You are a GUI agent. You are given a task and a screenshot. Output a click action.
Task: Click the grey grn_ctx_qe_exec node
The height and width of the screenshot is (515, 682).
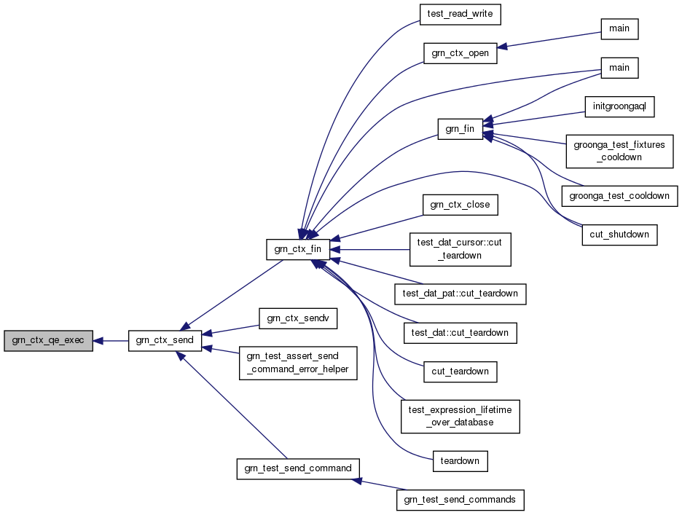tap(48, 341)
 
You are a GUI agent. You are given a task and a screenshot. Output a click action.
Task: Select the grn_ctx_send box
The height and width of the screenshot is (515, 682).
tap(165, 341)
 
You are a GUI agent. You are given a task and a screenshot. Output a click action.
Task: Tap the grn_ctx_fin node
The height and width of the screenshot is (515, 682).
tap(298, 249)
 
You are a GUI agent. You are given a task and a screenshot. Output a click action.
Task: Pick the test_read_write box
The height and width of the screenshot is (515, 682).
tap(460, 15)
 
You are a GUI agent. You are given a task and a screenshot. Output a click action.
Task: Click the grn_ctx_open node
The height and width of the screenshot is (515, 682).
tap(460, 53)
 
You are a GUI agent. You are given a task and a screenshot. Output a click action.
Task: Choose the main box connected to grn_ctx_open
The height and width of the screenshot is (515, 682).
tap(619, 29)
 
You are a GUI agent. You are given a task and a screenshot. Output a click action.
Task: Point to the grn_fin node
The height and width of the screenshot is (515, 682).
tap(460, 129)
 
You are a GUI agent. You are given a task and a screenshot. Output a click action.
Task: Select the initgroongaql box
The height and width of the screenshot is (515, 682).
tap(619, 106)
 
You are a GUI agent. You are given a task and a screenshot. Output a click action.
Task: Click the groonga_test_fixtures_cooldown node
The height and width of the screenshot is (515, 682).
tap(619, 152)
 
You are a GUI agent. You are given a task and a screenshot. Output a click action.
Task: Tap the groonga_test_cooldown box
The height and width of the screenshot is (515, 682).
tap(619, 196)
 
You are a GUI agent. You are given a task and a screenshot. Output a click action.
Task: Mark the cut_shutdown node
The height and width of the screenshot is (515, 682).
tap(619, 235)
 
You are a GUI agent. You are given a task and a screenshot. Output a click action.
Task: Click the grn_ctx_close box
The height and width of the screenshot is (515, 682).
tap(460, 205)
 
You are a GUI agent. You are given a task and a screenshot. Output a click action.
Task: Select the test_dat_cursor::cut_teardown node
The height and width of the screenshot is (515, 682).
tap(460, 249)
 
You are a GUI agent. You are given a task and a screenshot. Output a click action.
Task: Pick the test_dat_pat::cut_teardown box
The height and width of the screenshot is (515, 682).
tap(460, 294)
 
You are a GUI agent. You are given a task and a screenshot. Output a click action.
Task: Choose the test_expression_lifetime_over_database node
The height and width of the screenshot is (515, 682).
tap(460, 416)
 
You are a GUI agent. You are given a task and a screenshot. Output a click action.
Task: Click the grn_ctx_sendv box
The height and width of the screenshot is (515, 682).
tap(298, 318)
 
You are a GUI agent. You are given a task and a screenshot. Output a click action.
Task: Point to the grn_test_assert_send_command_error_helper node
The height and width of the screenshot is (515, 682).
tap(298, 363)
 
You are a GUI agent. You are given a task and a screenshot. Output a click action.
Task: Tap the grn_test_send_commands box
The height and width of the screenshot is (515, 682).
tap(460, 500)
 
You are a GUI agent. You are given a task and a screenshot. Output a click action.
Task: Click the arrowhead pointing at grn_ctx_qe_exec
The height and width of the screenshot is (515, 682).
tap(98, 341)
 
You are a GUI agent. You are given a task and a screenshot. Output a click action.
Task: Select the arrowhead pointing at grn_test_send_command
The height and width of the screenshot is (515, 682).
tap(356, 481)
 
